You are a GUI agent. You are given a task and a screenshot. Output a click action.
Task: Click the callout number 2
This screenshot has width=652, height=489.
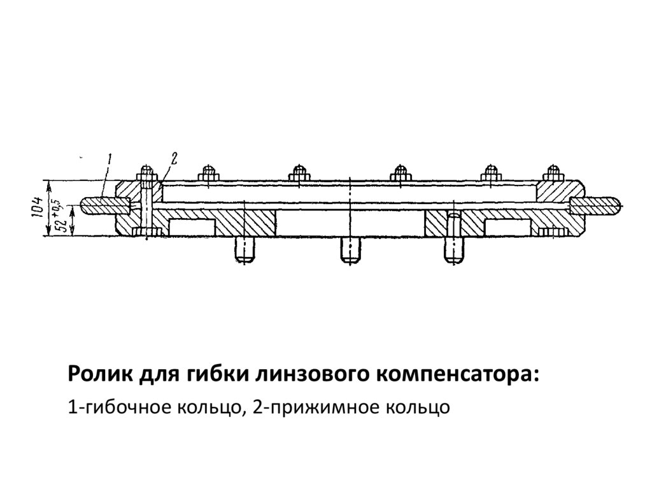point(174,157)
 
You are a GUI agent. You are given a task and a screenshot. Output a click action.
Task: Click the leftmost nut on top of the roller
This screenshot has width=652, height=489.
point(146,173)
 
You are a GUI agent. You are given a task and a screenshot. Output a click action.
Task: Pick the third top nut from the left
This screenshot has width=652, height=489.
point(299,173)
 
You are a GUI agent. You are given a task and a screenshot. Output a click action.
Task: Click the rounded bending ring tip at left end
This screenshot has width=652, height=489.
point(89,205)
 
